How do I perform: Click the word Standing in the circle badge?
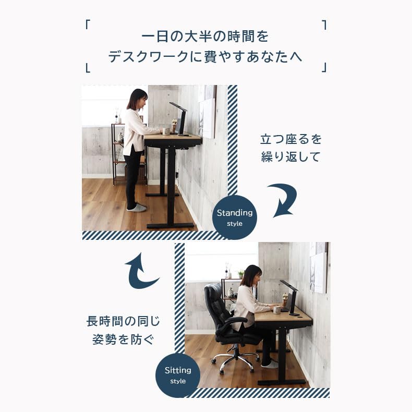point(235,213)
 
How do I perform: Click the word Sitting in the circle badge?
point(178,370)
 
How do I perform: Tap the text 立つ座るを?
point(291,139)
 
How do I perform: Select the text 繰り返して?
point(291,157)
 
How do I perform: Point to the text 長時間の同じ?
point(123,321)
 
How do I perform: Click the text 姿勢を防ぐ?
point(123,340)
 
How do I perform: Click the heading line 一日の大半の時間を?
point(205,37)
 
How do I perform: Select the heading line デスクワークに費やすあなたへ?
point(205,57)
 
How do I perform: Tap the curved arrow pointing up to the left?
point(140,270)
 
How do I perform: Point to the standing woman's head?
point(137,99)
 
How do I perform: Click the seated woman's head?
point(251,275)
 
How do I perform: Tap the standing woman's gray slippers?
point(137,208)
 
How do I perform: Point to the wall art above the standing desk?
point(208,117)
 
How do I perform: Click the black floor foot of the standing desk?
point(170,226)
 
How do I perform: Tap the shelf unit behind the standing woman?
point(119,151)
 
